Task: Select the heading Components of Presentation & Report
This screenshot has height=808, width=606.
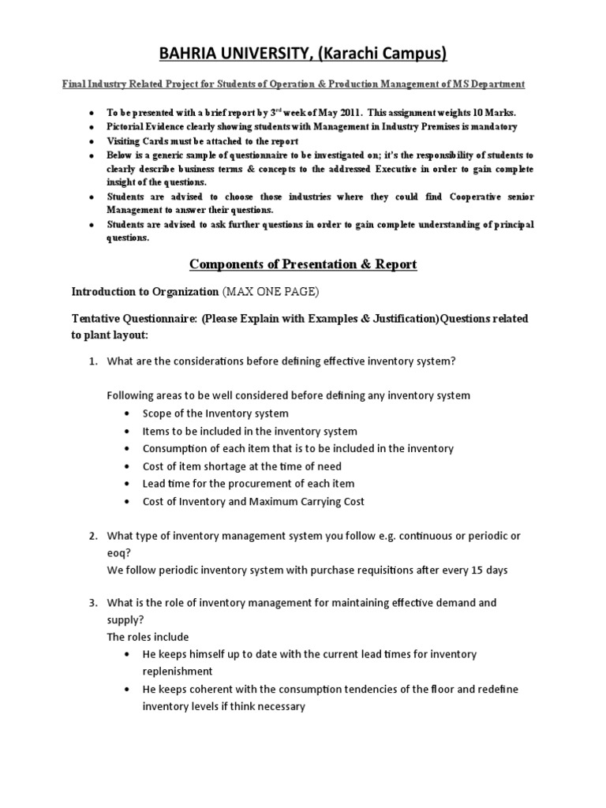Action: click(303, 264)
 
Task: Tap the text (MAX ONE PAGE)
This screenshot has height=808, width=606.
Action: click(271, 292)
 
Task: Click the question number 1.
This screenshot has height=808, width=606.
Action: click(92, 361)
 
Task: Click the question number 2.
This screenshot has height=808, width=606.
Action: click(92, 536)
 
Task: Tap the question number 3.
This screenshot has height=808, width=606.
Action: click(92, 603)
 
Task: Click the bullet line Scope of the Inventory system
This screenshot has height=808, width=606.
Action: click(215, 413)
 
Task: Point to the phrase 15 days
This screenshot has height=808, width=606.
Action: click(489, 570)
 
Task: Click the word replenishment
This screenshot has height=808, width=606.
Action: click(178, 671)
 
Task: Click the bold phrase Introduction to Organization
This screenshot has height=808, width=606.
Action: click(145, 292)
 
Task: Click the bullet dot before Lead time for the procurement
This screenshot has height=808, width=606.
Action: click(129, 484)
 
